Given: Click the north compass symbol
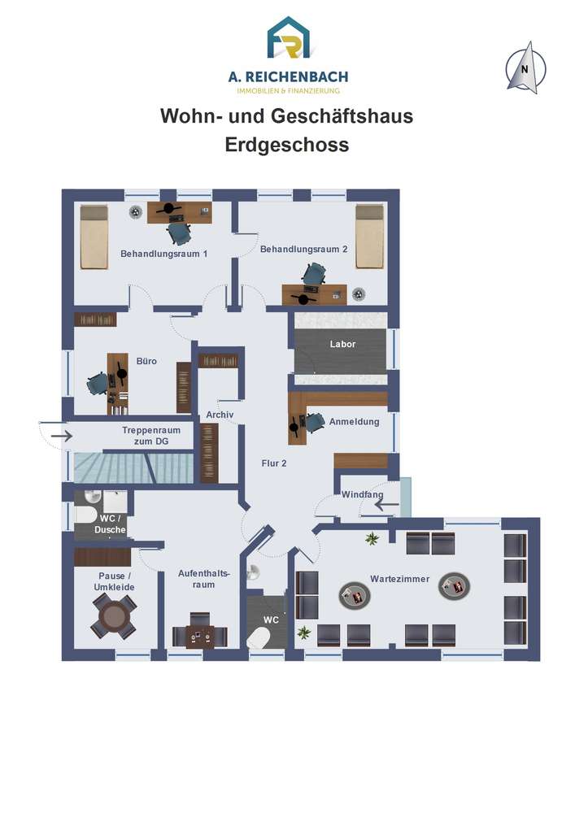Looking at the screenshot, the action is tap(525, 68).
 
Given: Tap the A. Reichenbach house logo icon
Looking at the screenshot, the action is tap(288, 37).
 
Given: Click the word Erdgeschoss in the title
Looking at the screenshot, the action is tap(287, 145).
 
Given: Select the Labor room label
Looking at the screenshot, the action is tap(342, 344).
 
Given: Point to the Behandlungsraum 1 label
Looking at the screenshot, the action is tap(163, 254).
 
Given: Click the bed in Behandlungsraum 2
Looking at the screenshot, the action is tap(370, 237).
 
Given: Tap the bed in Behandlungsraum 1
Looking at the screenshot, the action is tap(94, 237).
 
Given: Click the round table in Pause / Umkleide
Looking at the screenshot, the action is tap(114, 616).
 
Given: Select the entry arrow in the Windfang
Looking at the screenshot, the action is tap(387, 504).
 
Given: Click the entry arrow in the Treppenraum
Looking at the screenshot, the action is tap(63, 436).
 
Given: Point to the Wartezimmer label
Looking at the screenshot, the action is tap(400, 579).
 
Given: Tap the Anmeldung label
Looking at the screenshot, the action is tap(354, 421).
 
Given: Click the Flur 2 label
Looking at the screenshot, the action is tap(274, 463).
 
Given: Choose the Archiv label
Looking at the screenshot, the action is tap(220, 415).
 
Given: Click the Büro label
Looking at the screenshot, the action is tap(146, 361).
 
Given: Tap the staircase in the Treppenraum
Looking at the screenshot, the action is tap(133, 467).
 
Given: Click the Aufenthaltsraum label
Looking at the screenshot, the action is tap(203, 579).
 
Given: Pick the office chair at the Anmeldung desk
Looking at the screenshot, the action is tap(315, 422).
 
